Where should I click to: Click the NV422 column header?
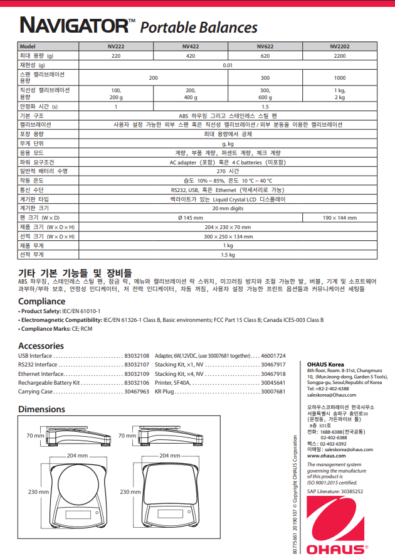coord(191,47)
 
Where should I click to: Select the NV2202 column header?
coord(339,47)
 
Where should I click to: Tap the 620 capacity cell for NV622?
coord(265,56)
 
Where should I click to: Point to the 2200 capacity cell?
coord(339,56)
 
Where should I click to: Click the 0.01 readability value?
coord(228,65)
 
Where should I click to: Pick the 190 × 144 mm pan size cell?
coord(339,218)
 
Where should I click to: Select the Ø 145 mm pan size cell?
coord(191,218)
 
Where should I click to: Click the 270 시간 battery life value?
coord(228,171)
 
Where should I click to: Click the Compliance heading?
coord(41,301)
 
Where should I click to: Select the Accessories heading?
coord(41,346)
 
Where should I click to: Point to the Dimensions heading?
coord(41,409)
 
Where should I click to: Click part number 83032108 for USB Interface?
coord(137,355)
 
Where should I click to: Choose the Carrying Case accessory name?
coord(35,392)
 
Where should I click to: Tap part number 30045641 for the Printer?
coord(273,382)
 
